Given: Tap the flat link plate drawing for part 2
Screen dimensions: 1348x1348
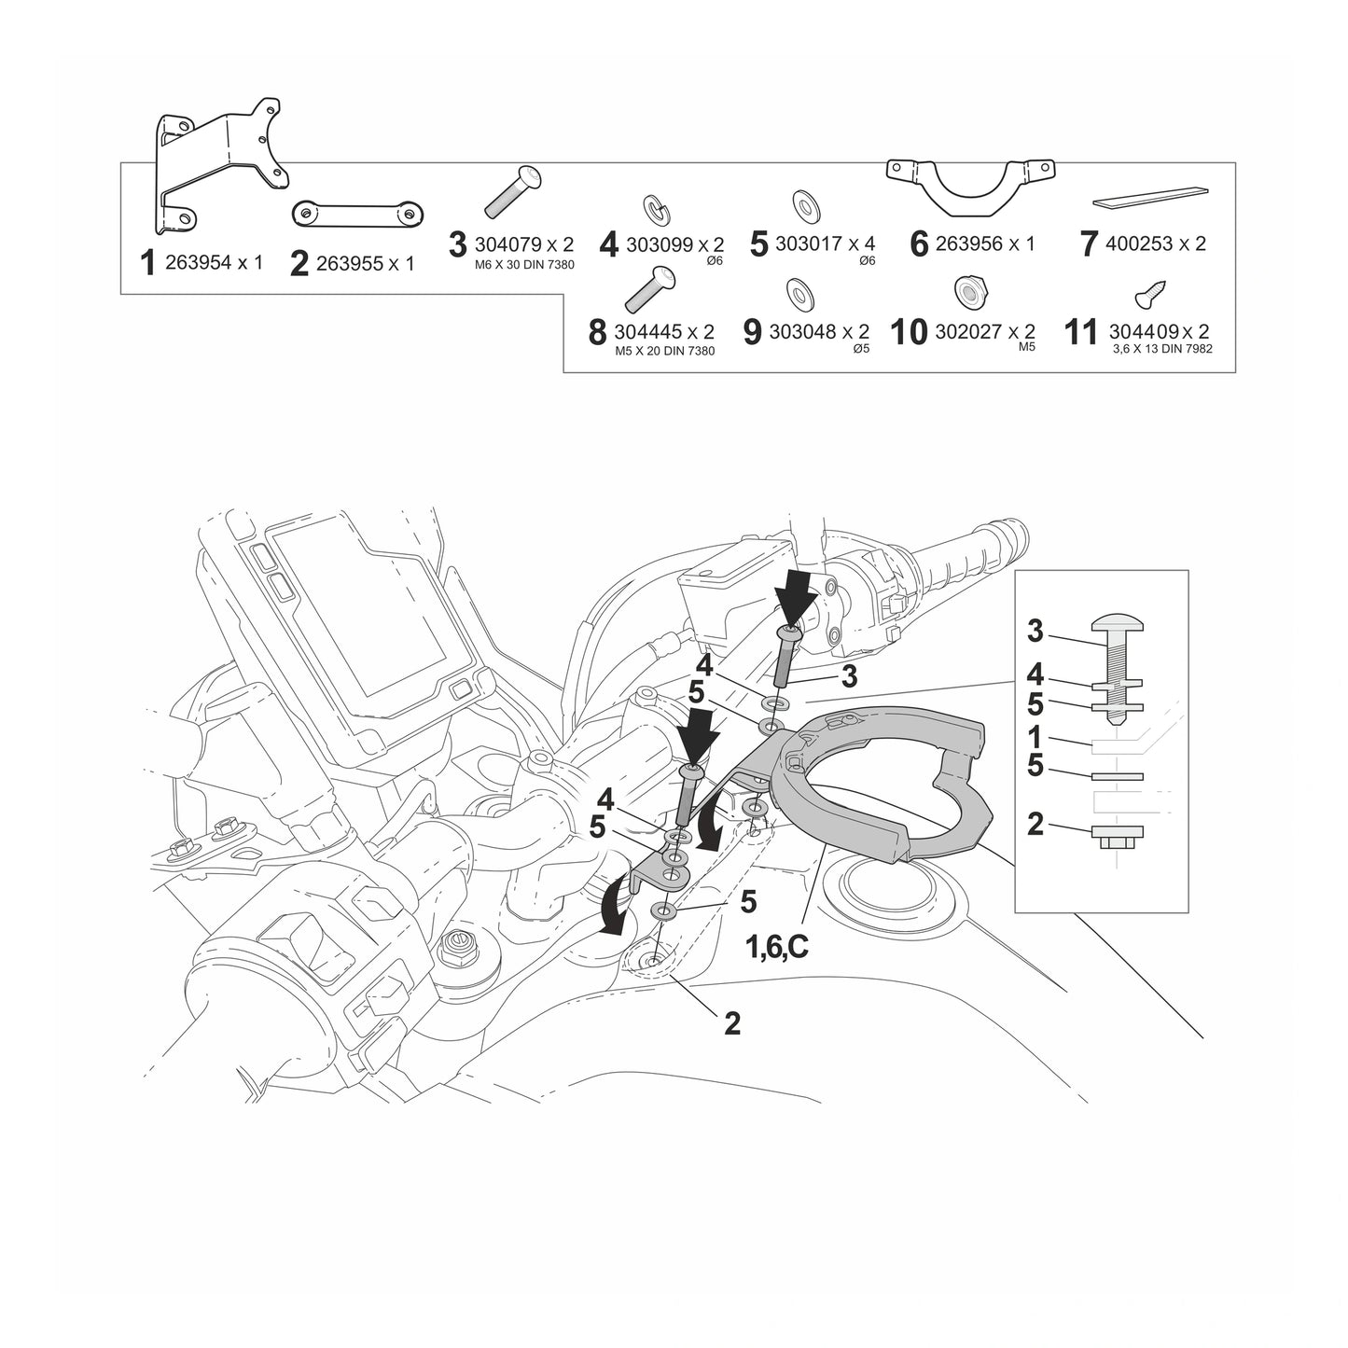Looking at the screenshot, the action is pyautogui.click(x=358, y=213).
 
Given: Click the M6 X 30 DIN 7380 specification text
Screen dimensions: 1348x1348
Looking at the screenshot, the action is pyautogui.click(x=524, y=265).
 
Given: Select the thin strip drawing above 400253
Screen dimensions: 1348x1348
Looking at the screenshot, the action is pyautogui.click(x=1151, y=197).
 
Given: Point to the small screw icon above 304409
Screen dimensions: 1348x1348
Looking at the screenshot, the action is pyautogui.click(x=1151, y=295).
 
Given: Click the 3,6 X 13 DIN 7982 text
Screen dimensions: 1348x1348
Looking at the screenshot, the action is pyautogui.click(x=1162, y=348).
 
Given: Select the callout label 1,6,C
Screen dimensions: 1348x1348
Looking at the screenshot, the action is pyautogui.click(x=776, y=947).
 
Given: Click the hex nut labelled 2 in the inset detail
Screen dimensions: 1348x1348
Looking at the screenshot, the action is pyautogui.click(x=1118, y=837).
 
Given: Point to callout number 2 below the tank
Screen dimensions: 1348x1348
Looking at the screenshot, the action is pyautogui.click(x=731, y=1024).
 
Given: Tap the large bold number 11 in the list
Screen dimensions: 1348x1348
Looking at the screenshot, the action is pyautogui.click(x=1080, y=332).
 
